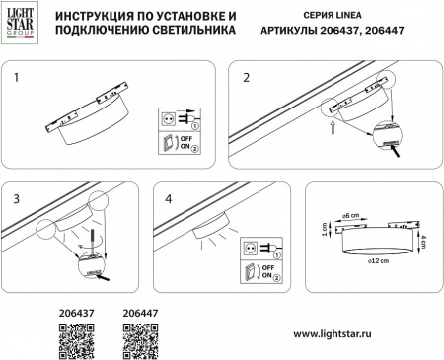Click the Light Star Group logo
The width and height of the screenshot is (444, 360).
click(x=21, y=23)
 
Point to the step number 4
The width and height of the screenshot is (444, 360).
click(x=170, y=197)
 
